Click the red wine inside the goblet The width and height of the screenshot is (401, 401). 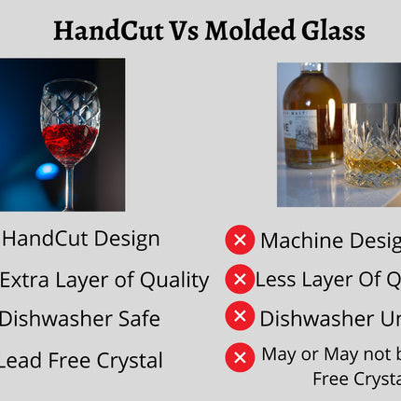[x=70, y=140]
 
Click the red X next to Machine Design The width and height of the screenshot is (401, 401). [x=240, y=240]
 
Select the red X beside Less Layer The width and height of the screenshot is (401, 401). [x=240, y=279]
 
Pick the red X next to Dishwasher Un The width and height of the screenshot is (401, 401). [x=240, y=317]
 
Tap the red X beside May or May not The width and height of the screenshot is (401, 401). [x=240, y=356]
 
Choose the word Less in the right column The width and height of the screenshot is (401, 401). [x=276, y=279]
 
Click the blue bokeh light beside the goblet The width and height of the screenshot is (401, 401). [x=47, y=171]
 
